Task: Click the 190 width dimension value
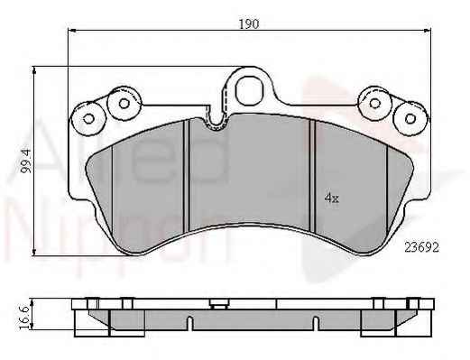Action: click(249, 24)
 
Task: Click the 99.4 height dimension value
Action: click(27, 162)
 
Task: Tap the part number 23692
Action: click(422, 247)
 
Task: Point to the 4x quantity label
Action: click(332, 198)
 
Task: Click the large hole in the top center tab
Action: click(247, 89)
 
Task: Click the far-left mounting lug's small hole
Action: click(88, 119)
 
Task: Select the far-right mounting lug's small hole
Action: click(410, 118)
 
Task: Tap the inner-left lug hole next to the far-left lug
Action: click(124, 104)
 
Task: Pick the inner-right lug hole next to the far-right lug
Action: click(374, 103)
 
